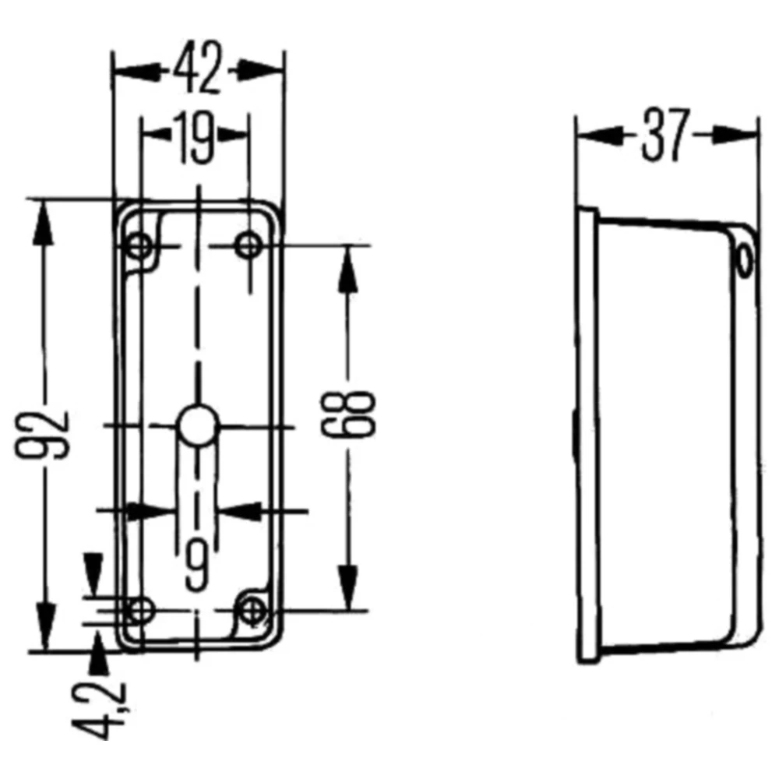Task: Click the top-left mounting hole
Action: click(140, 247)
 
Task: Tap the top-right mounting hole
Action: click(249, 247)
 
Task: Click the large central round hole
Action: click(196, 425)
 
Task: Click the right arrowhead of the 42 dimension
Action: click(261, 69)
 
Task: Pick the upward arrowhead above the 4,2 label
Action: click(98, 653)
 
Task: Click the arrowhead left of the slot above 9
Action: click(152, 511)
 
